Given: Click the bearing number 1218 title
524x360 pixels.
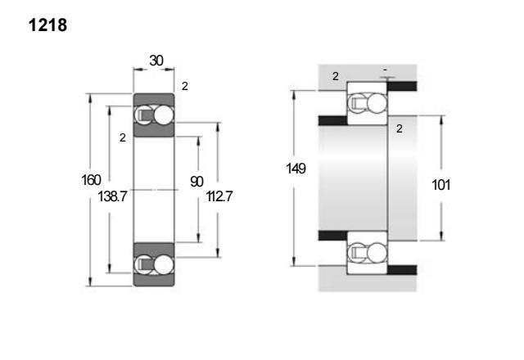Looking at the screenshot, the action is (x=47, y=25).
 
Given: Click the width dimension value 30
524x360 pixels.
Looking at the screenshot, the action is (x=156, y=61).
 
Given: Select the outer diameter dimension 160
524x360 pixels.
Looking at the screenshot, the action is (x=91, y=180).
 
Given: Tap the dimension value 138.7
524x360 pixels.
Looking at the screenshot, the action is (x=112, y=196).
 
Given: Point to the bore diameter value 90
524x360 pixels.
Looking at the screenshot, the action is (x=196, y=182).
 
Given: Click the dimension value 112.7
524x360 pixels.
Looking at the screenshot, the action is (x=219, y=196).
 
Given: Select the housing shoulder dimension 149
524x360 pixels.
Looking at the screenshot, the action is (x=296, y=169).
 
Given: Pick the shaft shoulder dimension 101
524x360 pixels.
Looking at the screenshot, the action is (x=441, y=185).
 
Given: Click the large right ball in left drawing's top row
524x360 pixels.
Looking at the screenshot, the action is (x=164, y=115).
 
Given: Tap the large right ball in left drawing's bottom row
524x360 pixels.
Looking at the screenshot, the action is (x=164, y=265).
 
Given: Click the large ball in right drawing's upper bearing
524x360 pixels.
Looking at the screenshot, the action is (x=377, y=103).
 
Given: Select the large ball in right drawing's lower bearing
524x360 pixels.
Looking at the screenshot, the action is (x=377, y=253).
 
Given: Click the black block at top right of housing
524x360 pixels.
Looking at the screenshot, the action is (x=402, y=86).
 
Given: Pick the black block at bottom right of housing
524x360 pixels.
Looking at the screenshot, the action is (x=402, y=270).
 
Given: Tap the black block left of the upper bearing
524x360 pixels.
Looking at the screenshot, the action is (x=333, y=120).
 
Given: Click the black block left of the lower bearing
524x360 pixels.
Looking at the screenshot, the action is (x=333, y=236).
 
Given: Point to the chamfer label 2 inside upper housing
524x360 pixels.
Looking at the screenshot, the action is (x=336, y=76).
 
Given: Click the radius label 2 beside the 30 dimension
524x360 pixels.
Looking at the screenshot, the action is (x=185, y=87).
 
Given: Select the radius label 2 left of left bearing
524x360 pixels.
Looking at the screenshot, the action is (x=123, y=137).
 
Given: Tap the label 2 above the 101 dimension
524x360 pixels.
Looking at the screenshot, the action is (x=399, y=128).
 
